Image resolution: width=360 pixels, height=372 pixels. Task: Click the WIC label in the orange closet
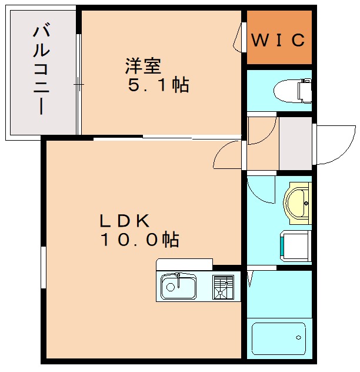(279, 40)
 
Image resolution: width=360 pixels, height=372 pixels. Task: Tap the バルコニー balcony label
(41, 69)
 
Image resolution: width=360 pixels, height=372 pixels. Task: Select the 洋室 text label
(143, 64)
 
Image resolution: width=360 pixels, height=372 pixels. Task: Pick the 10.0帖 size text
(139, 240)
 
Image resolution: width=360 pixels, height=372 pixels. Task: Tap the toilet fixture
(295, 90)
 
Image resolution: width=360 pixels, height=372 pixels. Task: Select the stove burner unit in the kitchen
(223, 287)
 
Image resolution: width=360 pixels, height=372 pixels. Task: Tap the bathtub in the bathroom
(279, 338)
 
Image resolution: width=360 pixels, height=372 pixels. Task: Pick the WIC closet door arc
(238, 38)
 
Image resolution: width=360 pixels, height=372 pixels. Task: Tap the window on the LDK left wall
(43, 267)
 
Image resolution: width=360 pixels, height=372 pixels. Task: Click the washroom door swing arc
(258, 190)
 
